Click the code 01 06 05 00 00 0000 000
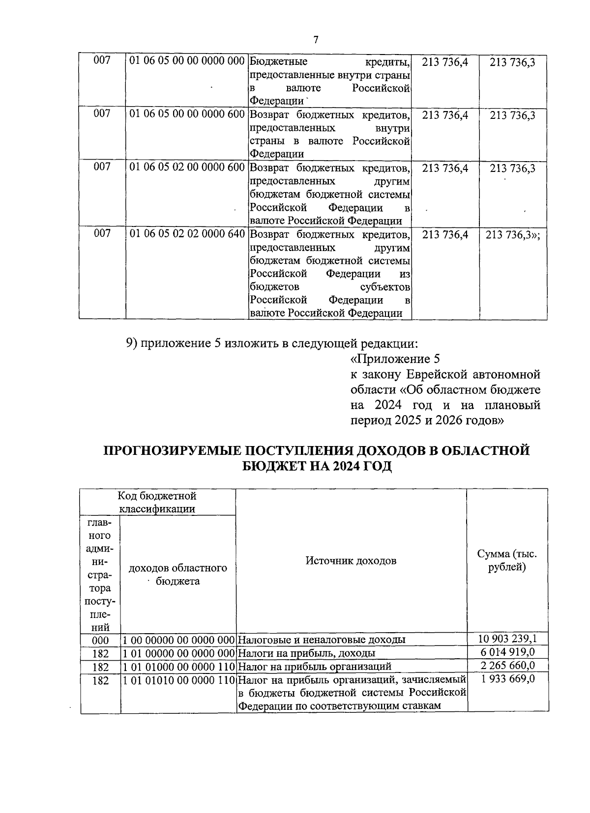coord(187,61)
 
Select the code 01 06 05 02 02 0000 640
coord(187,234)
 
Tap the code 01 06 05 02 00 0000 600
coord(187,168)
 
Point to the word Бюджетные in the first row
coord(279,61)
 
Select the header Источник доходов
coord(351,561)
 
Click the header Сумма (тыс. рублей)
coord(507,561)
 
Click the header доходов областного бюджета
coord(177,574)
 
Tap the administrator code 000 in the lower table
coord(100,640)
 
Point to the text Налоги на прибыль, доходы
coord(307,653)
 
